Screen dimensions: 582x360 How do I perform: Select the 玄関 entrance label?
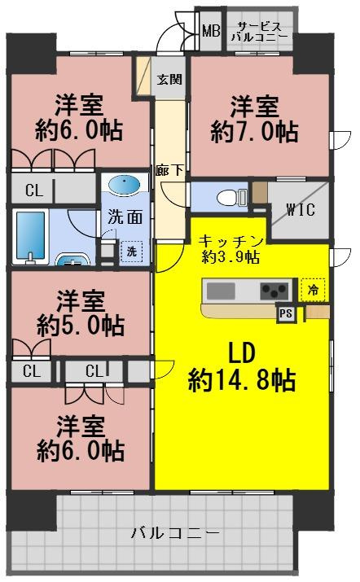point(169,80)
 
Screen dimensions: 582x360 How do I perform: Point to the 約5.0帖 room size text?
point(81,326)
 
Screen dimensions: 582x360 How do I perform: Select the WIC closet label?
point(301,209)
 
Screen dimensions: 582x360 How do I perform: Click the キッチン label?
point(231,241)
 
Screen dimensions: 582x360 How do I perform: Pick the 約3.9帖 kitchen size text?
point(231,257)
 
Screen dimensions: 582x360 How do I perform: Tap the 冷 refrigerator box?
point(312,288)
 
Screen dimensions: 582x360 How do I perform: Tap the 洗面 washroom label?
point(124,217)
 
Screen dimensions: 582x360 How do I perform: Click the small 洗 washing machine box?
point(130,252)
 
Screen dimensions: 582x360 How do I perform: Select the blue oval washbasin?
point(123,186)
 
